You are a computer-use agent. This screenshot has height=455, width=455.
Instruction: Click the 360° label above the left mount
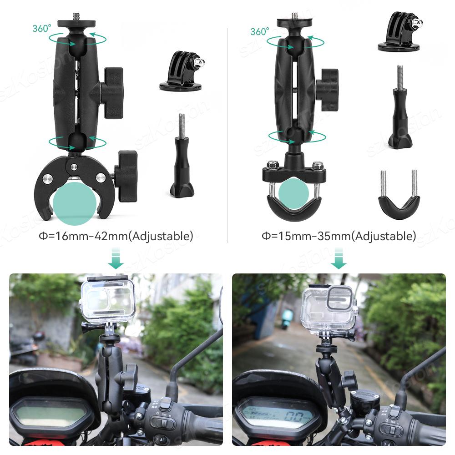tap(42, 28)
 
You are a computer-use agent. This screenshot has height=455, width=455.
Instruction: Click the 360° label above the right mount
tap(260, 32)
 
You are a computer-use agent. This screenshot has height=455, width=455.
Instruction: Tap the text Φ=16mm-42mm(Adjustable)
tap(116, 236)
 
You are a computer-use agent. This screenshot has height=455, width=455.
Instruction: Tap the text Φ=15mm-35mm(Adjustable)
tap(339, 236)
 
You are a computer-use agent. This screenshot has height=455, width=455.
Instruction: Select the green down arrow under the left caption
tap(116, 258)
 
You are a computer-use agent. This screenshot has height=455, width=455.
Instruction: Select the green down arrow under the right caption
tap(338, 258)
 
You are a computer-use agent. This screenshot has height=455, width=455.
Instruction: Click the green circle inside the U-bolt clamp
tap(293, 194)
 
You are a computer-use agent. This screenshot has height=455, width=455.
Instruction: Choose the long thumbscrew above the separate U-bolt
tap(400, 108)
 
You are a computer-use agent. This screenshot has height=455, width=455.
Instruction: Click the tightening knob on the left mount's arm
tap(111, 92)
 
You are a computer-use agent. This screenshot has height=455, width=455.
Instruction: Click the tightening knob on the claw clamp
tap(126, 176)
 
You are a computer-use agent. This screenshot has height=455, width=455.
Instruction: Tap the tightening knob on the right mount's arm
tap(328, 90)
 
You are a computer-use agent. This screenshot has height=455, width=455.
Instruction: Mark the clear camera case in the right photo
tap(329, 308)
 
